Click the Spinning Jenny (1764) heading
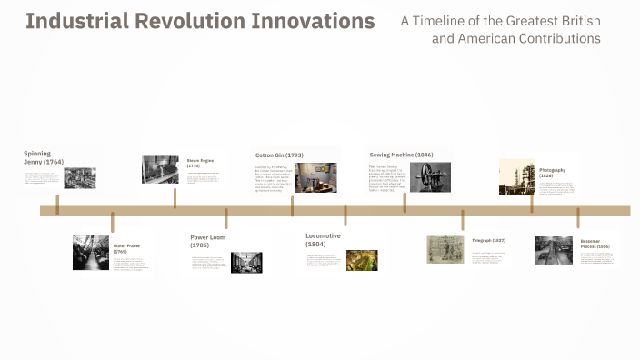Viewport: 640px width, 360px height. [44, 157]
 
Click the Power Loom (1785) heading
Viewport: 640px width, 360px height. [207, 241]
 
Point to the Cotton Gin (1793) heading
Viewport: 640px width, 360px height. [279, 155]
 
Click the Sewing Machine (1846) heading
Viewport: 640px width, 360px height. [400, 155]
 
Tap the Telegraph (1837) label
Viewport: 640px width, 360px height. [488, 240]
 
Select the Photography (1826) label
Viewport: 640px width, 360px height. [552, 173]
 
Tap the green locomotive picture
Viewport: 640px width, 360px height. [362, 260]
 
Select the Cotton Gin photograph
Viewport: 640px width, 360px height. [315, 177]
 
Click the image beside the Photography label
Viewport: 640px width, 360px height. [516, 177]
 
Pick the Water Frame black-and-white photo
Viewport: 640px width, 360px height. [91, 253]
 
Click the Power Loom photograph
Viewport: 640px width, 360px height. [246, 262]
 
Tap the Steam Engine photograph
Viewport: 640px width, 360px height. [160, 170]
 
